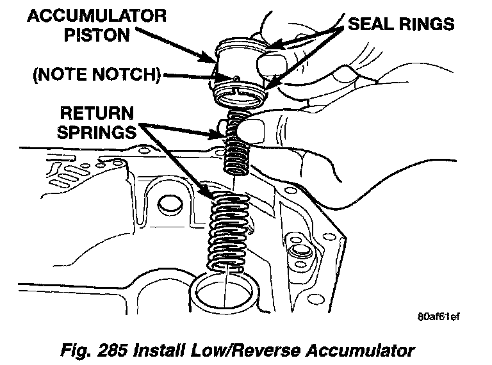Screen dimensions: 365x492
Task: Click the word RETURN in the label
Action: (96, 113)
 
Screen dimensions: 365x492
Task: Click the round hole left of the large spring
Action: (169, 206)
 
